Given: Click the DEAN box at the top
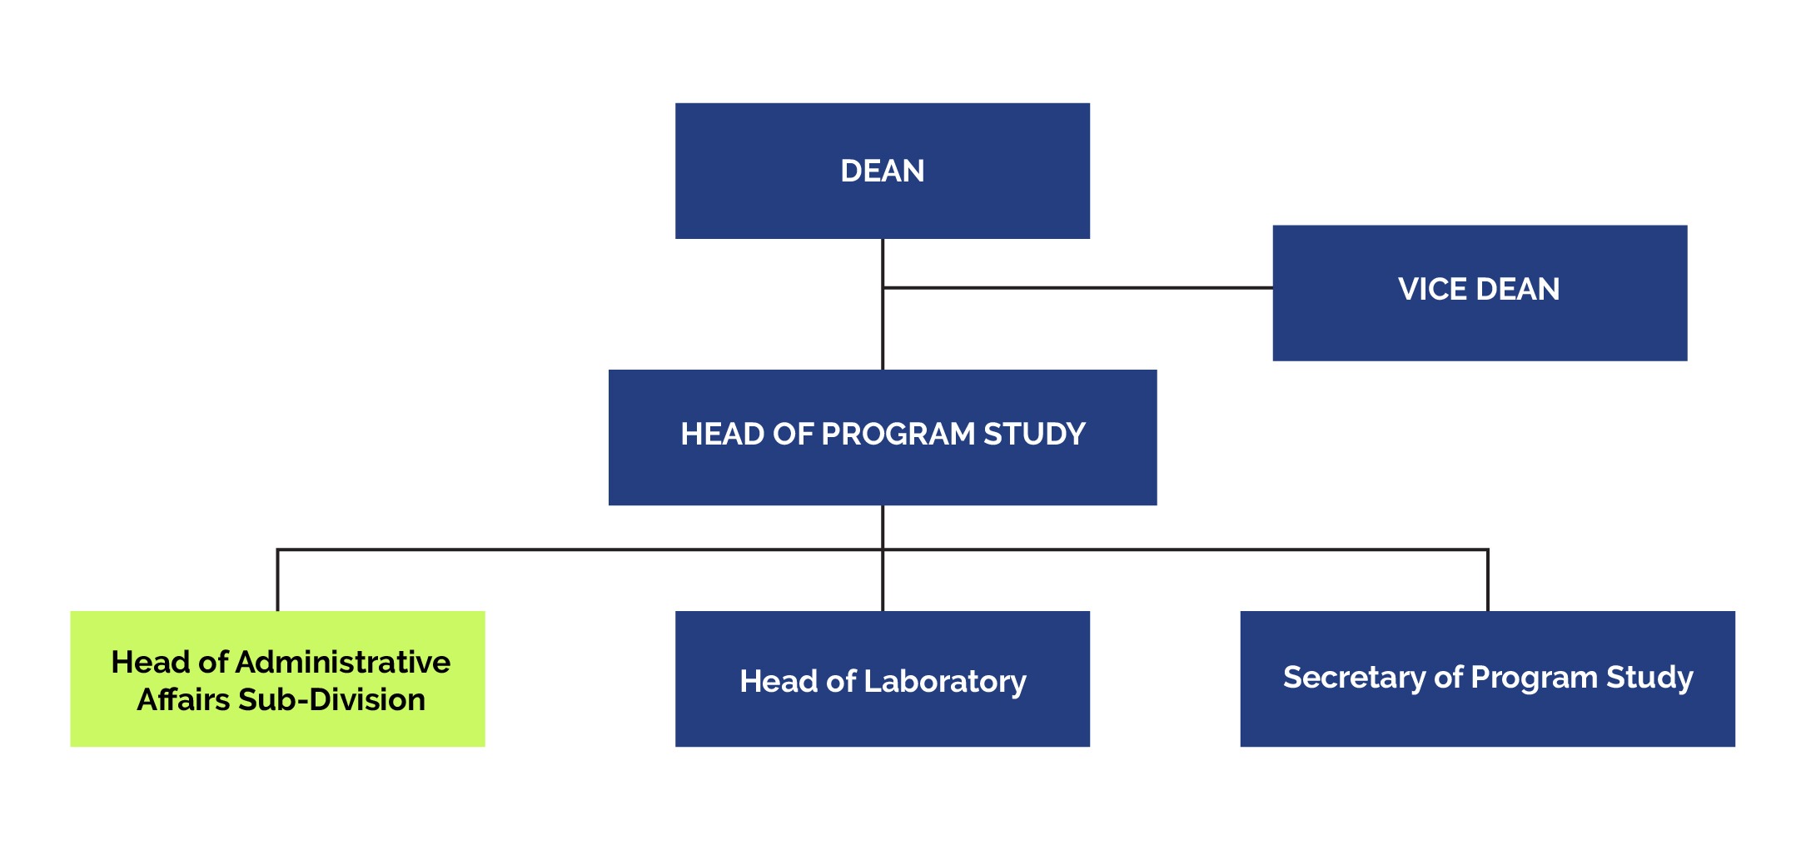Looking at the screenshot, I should (882, 171).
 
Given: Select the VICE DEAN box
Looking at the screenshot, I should (1479, 292).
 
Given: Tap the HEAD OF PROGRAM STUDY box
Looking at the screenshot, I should (882, 437).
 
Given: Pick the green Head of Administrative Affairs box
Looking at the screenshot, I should (277, 679).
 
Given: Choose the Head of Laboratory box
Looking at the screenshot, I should (882, 679).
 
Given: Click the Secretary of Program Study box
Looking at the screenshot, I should (1487, 679).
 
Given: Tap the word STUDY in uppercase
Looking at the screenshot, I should (1034, 434).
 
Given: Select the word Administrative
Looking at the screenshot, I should (343, 662).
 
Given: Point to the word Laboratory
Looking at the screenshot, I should (945, 681).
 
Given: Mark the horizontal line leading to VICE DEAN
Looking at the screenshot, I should (1078, 288).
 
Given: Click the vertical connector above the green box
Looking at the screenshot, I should (277, 580).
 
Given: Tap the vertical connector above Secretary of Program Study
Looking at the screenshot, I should (1487, 580).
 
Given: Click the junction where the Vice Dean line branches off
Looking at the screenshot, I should (883, 288).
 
